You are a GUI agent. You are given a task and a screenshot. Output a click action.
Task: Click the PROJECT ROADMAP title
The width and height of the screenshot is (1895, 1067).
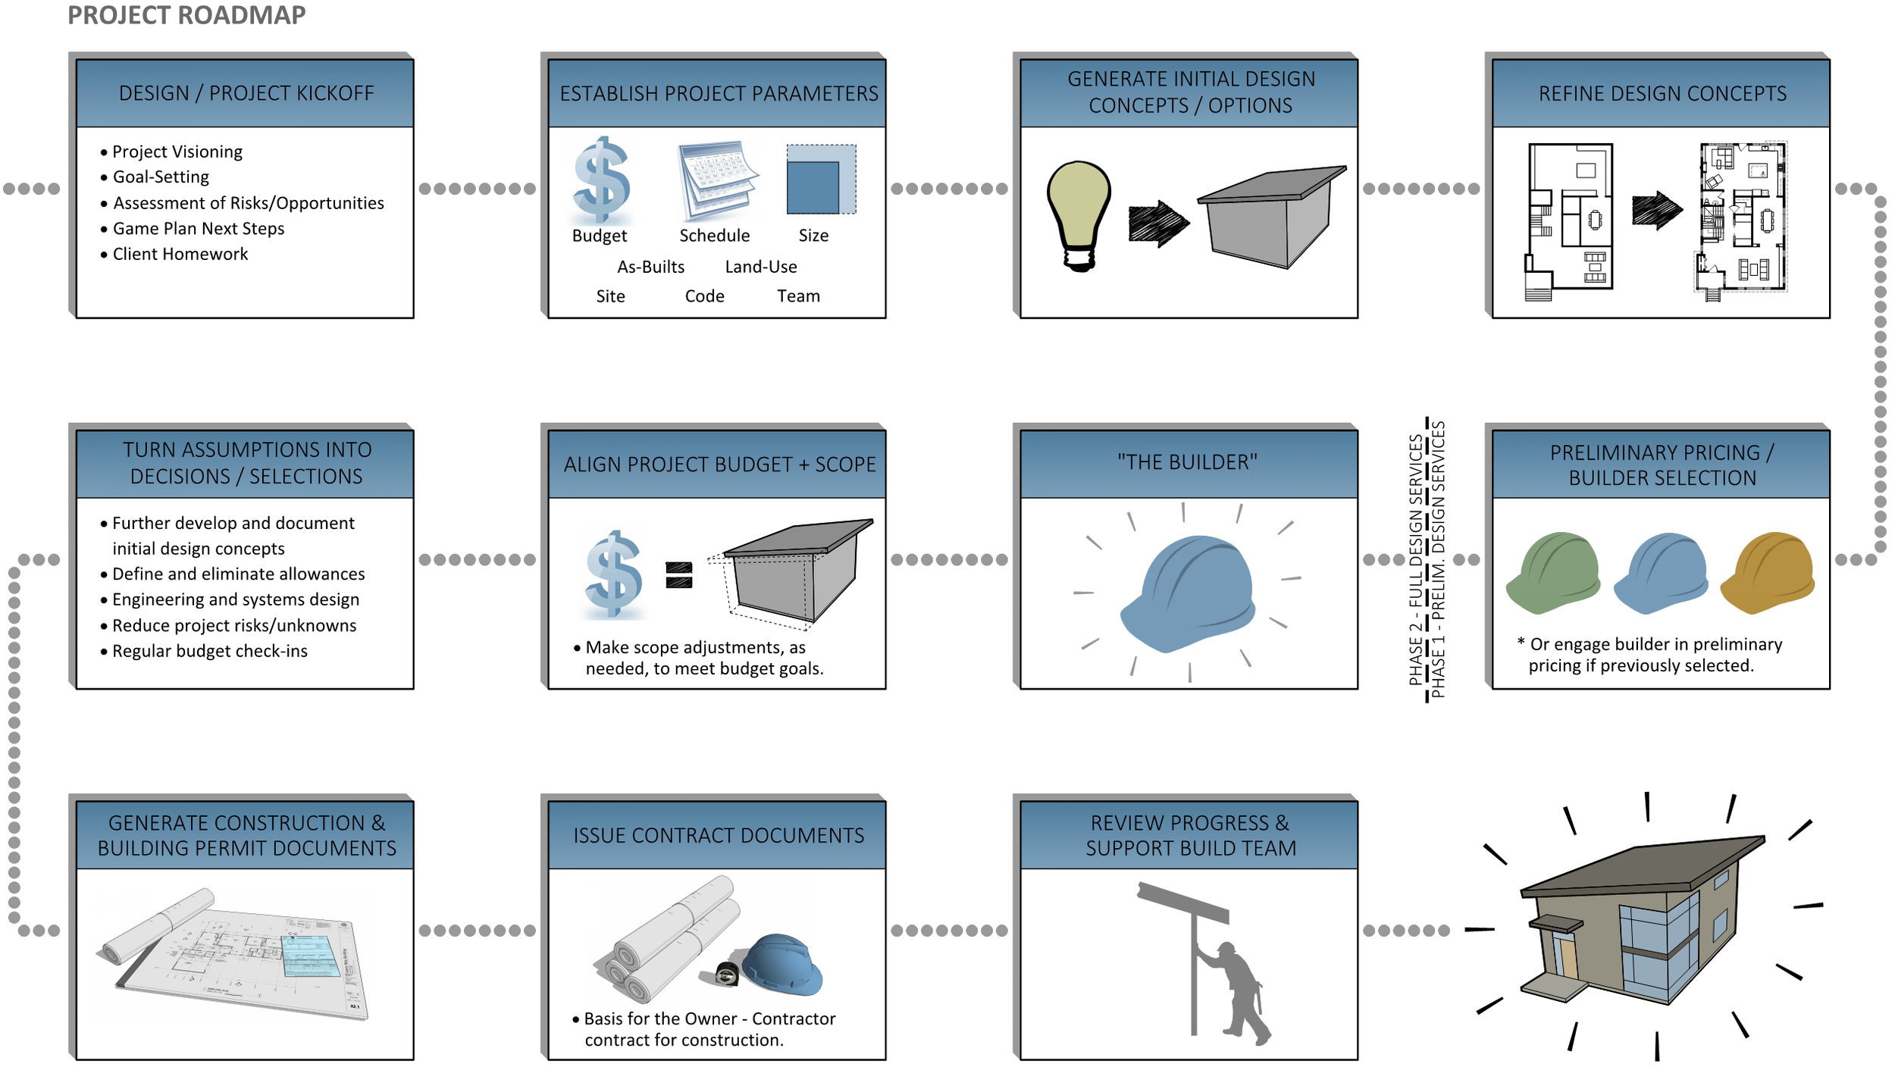point(186,15)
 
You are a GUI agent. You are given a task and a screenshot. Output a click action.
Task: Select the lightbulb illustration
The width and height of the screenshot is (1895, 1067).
point(1079,214)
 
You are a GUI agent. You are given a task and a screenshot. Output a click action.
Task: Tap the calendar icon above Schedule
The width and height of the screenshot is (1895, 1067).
point(717,180)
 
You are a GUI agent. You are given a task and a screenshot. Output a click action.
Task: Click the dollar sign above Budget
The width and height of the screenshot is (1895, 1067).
point(601,180)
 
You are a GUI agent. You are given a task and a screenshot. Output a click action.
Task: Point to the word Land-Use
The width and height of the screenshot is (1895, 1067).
point(761,267)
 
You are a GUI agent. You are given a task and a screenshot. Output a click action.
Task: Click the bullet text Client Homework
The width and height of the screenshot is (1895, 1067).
point(180,254)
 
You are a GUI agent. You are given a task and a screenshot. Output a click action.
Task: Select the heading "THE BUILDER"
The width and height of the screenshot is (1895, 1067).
point(1187,462)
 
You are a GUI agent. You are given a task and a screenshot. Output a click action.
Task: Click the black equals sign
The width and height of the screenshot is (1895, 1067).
point(679,575)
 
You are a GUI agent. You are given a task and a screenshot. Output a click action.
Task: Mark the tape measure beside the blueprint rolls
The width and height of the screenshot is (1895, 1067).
point(727,974)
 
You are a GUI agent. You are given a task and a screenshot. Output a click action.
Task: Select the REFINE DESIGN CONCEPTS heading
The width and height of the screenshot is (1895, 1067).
point(1662,93)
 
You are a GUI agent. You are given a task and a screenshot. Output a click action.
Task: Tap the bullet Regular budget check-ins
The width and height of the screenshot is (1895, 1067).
point(210,651)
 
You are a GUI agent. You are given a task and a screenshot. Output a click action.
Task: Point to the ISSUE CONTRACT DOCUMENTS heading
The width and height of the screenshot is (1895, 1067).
point(719,835)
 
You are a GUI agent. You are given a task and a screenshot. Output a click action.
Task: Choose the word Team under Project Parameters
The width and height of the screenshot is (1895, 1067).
point(798,296)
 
